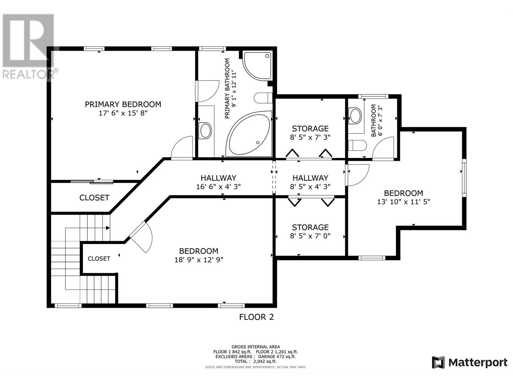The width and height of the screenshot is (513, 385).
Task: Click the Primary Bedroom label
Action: pyautogui.click(x=123, y=104)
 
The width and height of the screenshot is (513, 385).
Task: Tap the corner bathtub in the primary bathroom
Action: pyautogui.click(x=249, y=134)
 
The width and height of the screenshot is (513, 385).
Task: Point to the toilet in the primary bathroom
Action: pyautogui.click(x=263, y=98)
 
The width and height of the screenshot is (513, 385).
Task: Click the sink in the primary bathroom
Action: pyautogui.click(x=206, y=131)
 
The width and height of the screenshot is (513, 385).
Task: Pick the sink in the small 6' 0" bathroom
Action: pyautogui.click(x=355, y=116)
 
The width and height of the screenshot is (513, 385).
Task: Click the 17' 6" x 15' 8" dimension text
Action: pyautogui.click(x=123, y=113)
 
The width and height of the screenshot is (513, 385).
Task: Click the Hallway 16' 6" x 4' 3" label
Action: pyautogui.click(x=218, y=182)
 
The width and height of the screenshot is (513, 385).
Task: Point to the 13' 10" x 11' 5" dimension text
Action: pyautogui.click(x=403, y=202)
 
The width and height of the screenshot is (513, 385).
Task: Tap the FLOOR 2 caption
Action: pyautogui.click(x=256, y=317)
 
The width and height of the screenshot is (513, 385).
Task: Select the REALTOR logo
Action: pyautogui.click(x=29, y=47)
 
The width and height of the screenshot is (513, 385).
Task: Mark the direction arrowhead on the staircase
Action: pyautogui.click(x=108, y=228)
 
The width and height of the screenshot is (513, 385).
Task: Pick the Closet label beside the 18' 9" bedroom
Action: pyautogui.click(x=99, y=259)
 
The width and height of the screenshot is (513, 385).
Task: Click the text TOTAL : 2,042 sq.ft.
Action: pyautogui.click(x=256, y=361)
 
